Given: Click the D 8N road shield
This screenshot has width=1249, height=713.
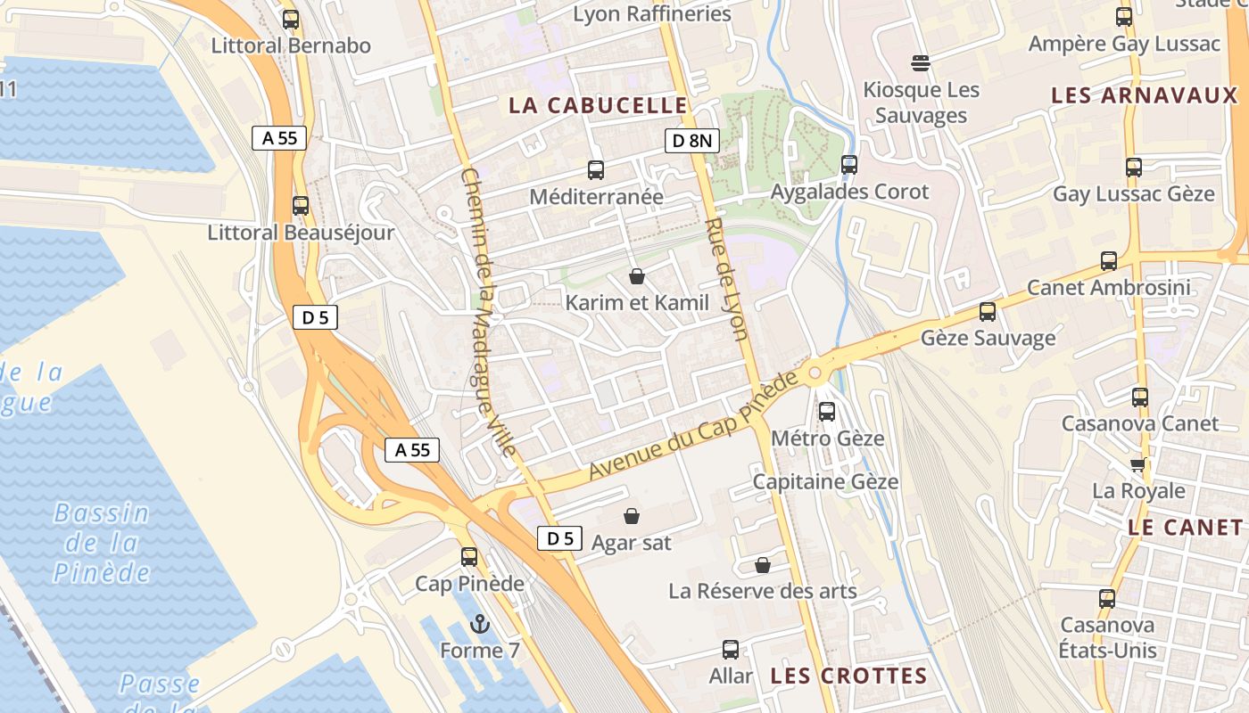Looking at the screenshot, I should point(692,140).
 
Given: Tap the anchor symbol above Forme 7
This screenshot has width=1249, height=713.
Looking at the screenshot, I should point(480,624).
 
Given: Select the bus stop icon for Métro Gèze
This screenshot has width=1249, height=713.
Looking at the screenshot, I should point(827,412).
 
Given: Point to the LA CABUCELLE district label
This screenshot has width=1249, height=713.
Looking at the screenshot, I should point(598,105).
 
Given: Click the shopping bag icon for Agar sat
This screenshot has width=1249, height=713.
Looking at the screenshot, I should point(632,516).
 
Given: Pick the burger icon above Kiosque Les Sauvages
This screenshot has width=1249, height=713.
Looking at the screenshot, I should point(921,63).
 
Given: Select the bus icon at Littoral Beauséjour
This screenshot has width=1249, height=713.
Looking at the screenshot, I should point(301,206).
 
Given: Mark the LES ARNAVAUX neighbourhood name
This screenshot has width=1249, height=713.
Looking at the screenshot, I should point(1145,95).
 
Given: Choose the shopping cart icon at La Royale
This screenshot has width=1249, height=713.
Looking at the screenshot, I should point(1138,464).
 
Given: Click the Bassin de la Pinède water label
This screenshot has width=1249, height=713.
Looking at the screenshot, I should point(101,542).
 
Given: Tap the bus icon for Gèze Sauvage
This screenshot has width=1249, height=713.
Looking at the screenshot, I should point(988,312).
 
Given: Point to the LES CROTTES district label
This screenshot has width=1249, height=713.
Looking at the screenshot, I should point(848,676).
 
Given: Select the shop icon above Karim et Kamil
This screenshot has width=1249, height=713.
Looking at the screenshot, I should point(637,276).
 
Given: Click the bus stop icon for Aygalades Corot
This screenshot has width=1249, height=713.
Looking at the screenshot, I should point(849,165).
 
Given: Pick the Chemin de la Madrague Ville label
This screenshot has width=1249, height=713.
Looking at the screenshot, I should point(488,312).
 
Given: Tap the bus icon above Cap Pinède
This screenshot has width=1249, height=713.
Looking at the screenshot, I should point(469,557).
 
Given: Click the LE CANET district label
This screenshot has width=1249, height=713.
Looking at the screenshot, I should point(1185,527).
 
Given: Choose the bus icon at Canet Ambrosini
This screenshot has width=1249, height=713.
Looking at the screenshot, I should point(1109,261).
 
